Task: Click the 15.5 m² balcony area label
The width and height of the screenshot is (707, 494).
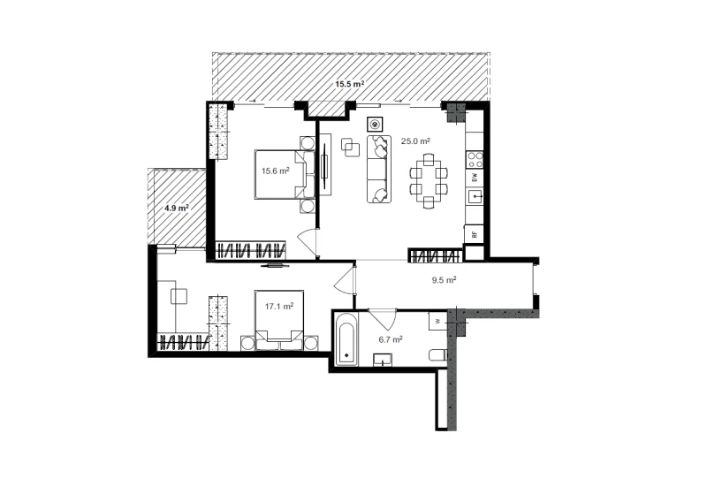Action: [x=349, y=84]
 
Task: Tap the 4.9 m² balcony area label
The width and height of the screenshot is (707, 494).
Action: [x=176, y=209]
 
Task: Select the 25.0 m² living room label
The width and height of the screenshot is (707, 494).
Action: [x=415, y=141]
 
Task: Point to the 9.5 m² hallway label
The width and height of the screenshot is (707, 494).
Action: [x=444, y=280]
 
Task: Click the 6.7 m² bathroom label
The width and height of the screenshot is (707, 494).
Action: [x=391, y=339]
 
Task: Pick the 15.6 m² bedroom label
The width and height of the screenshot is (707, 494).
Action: [x=276, y=171]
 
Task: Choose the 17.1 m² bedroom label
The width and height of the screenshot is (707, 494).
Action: [x=279, y=307]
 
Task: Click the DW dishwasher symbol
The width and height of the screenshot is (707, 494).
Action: [x=475, y=178]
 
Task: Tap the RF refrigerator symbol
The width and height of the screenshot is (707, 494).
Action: [x=474, y=234]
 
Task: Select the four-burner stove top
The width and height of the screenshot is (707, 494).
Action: [x=475, y=160]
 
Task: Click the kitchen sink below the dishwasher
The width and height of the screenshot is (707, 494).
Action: [x=475, y=196]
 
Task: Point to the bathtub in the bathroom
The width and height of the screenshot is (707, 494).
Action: [x=346, y=340]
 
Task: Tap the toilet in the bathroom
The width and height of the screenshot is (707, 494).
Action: [x=437, y=355]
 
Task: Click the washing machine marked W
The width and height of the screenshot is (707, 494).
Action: [x=437, y=322]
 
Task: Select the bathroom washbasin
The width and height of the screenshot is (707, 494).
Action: [x=383, y=361]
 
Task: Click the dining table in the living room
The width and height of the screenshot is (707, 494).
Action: [x=429, y=181]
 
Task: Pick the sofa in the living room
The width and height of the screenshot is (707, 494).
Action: [x=379, y=169]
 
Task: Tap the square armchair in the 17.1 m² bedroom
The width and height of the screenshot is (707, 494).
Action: [x=179, y=297]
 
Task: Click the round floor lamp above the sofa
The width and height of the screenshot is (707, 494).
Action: [x=375, y=124]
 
